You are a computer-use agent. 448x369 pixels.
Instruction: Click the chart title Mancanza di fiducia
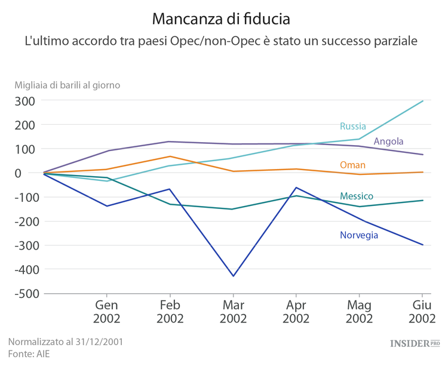pyautogui.click(x=221, y=19)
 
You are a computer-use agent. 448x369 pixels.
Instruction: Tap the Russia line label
pyautogui.click(x=352, y=126)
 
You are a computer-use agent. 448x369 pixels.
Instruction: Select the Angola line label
pyautogui.click(x=388, y=142)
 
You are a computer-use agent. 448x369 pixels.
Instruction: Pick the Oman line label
pyautogui.click(x=352, y=165)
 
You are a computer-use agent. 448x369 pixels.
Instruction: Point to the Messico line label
pyautogui.click(x=357, y=196)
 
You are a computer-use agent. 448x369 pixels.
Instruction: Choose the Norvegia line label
pyautogui.click(x=359, y=235)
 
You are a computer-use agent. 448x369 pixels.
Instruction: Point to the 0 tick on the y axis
pyautogui.click(x=33, y=173)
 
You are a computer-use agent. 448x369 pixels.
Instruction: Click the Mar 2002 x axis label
pyautogui.click(x=233, y=311)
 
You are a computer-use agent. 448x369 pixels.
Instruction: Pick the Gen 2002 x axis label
pyautogui.click(x=107, y=311)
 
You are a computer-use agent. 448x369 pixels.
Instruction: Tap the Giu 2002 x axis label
pyautogui.click(x=422, y=311)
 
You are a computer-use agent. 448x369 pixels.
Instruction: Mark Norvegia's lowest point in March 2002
pyautogui.click(x=233, y=276)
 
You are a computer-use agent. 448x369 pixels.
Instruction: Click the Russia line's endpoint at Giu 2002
pyautogui.click(x=423, y=101)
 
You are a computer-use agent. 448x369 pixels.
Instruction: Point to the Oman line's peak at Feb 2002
pyautogui.click(x=170, y=156)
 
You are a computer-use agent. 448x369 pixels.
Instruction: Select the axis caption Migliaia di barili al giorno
pyautogui.click(x=67, y=85)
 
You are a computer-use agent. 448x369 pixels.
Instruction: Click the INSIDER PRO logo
pyautogui.click(x=415, y=343)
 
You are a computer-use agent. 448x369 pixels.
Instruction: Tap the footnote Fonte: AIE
pyautogui.click(x=29, y=354)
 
